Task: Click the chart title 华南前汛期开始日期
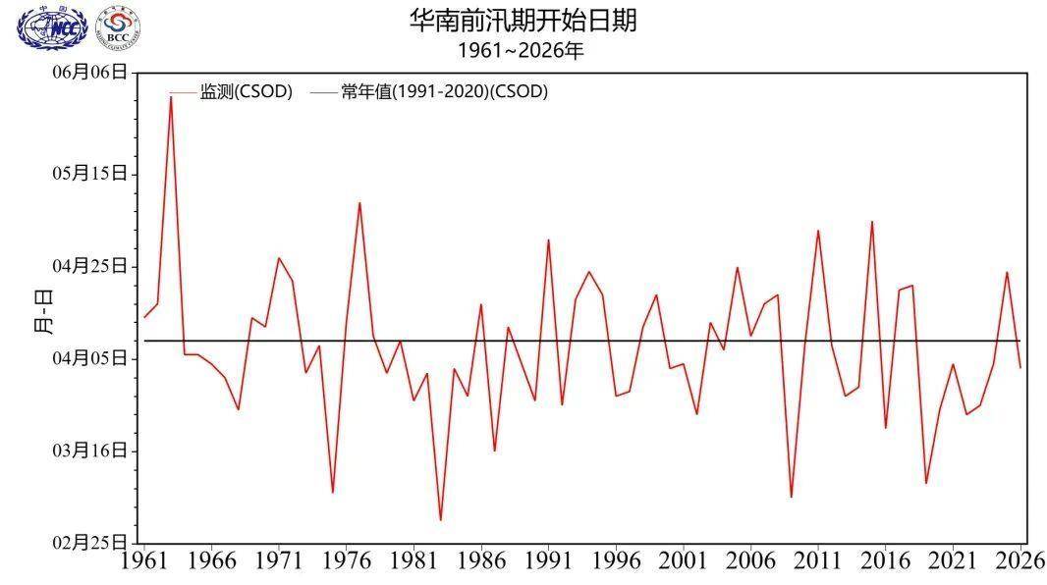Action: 523,22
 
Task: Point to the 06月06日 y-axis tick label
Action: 89,72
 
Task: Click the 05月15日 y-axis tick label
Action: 89,174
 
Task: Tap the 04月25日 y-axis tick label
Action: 89,266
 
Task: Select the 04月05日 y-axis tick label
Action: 89,358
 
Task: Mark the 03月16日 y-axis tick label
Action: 89,451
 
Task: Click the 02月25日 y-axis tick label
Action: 89,543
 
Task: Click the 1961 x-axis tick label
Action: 144,562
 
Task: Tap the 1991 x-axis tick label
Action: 548,562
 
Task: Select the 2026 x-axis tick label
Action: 1019,562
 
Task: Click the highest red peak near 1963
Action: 171,96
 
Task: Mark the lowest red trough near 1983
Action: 440,520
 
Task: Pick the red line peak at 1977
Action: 359,203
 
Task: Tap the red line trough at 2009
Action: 791,497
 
